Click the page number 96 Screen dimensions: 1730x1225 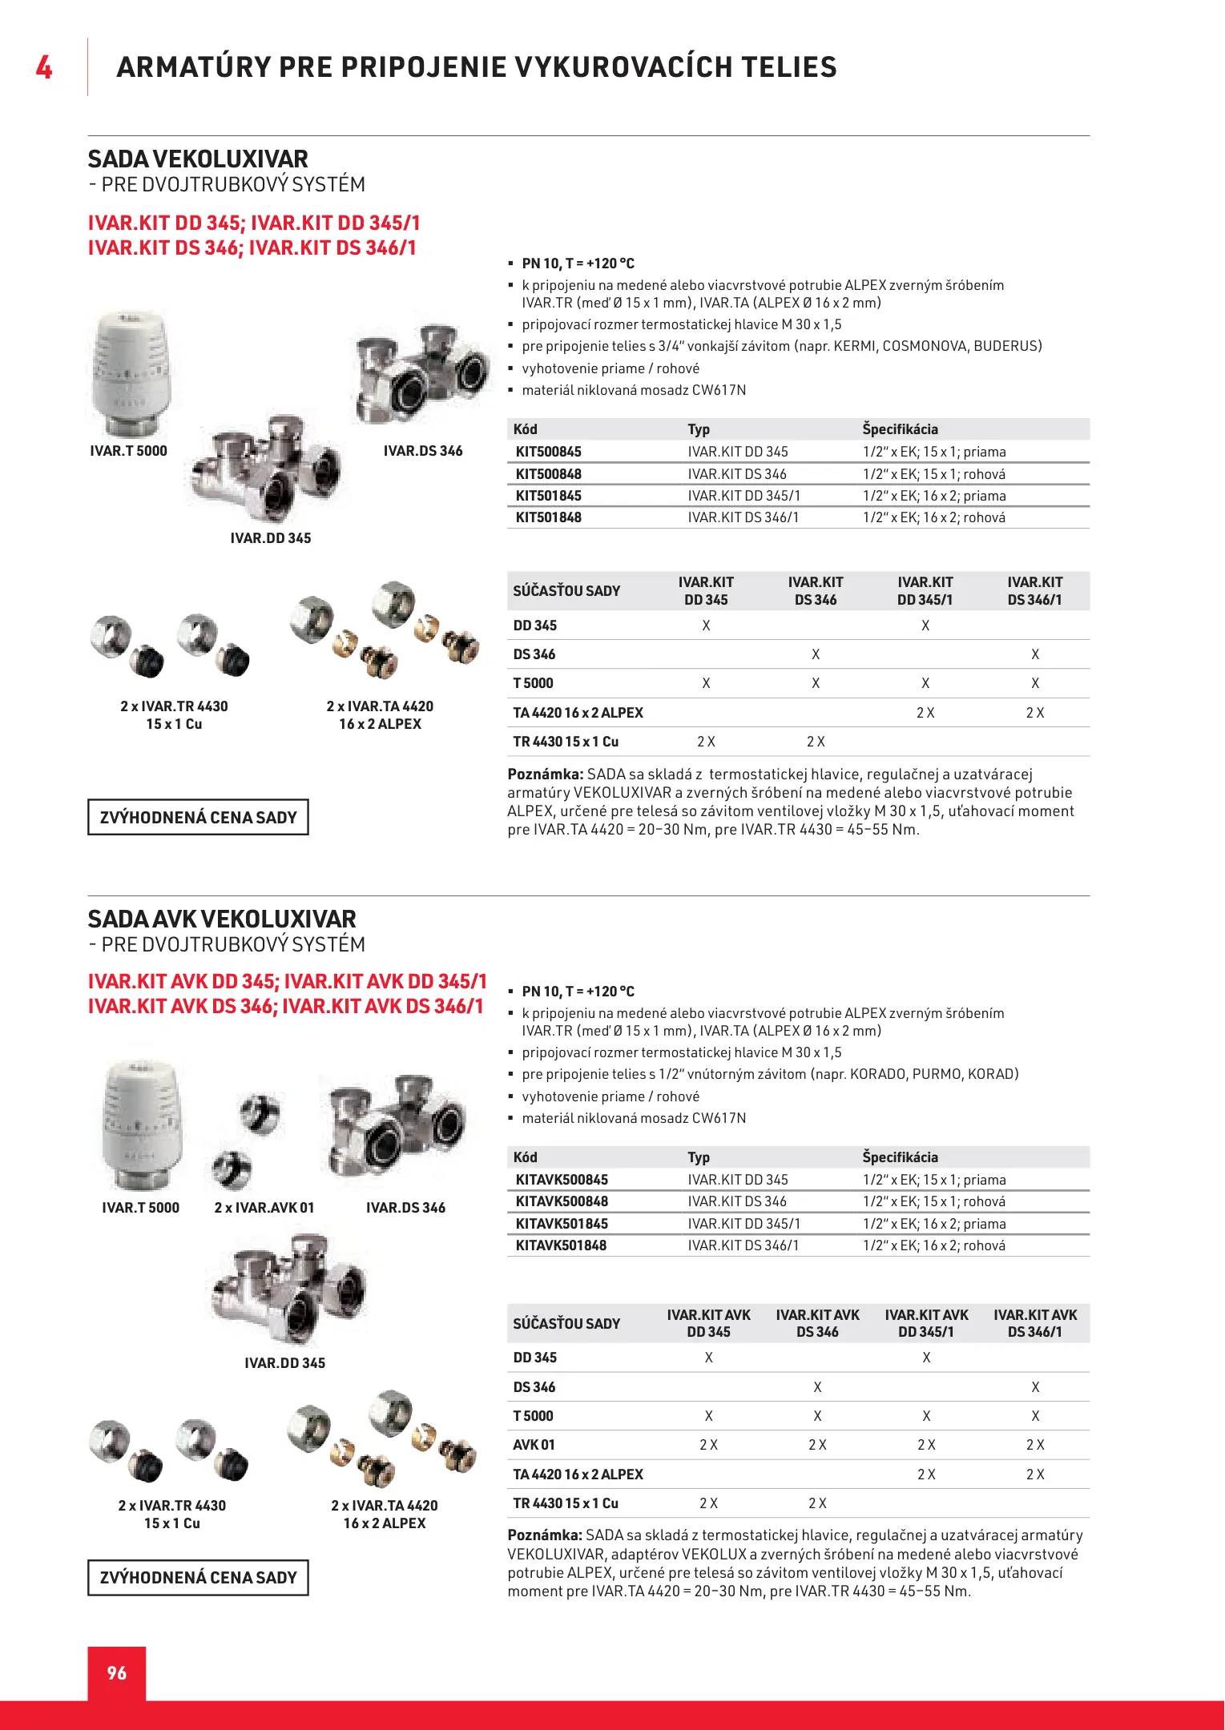pos(117,1672)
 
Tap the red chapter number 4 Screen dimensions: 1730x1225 pos(44,67)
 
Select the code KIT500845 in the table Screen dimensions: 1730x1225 pos(548,452)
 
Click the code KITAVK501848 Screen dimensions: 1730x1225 pos(561,1245)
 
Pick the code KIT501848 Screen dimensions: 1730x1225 pos(548,517)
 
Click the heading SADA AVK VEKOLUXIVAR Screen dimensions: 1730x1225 pos(222,919)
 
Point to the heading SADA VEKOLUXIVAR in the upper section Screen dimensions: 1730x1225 pos(198,159)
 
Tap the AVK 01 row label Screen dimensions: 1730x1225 pos(534,1445)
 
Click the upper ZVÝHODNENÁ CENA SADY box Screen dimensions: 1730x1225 pos(198,817)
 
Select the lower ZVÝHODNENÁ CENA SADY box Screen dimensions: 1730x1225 pos(198,1577)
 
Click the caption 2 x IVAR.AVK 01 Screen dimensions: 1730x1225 pos(264,1208)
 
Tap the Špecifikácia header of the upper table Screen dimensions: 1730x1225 pos(900,429)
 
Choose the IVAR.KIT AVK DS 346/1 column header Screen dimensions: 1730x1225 pos(1035,1323)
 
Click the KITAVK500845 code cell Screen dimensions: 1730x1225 pos(562,1180)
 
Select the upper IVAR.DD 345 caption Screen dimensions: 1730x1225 pos(270,538)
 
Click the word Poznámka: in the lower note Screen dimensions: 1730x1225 pos(545,1535)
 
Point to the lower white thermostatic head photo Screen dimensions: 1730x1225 pos(141,1125)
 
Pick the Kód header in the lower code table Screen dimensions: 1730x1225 pos(525,1157)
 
